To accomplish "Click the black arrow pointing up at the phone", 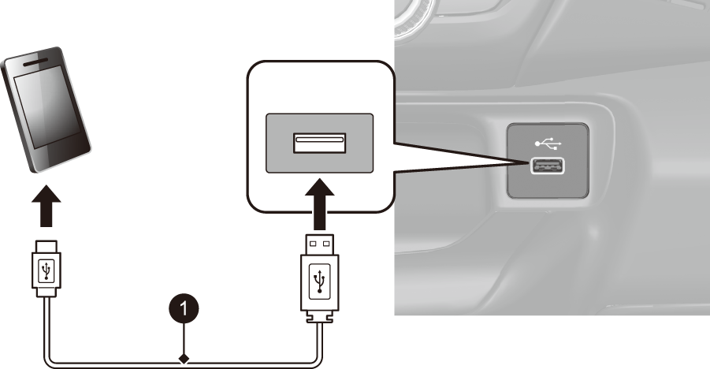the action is coord(46,205).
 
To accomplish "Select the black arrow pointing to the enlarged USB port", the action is coord(320,204).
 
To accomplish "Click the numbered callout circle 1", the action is coord(184,309).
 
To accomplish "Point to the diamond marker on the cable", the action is coord(184,359).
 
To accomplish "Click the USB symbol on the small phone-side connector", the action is coord(46,271).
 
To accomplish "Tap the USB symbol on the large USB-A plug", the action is coord(320,281).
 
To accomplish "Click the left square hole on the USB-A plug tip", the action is coord(313,244).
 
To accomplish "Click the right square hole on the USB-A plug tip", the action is coord(326,244).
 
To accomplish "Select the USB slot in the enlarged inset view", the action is coord(320,143).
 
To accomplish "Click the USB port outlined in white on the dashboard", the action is coord(548,166).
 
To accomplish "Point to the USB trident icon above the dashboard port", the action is coord(548,144).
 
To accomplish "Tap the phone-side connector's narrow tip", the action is coord(46,247).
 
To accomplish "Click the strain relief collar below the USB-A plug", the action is coord(320,317).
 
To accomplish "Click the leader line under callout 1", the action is coord(184,339).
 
